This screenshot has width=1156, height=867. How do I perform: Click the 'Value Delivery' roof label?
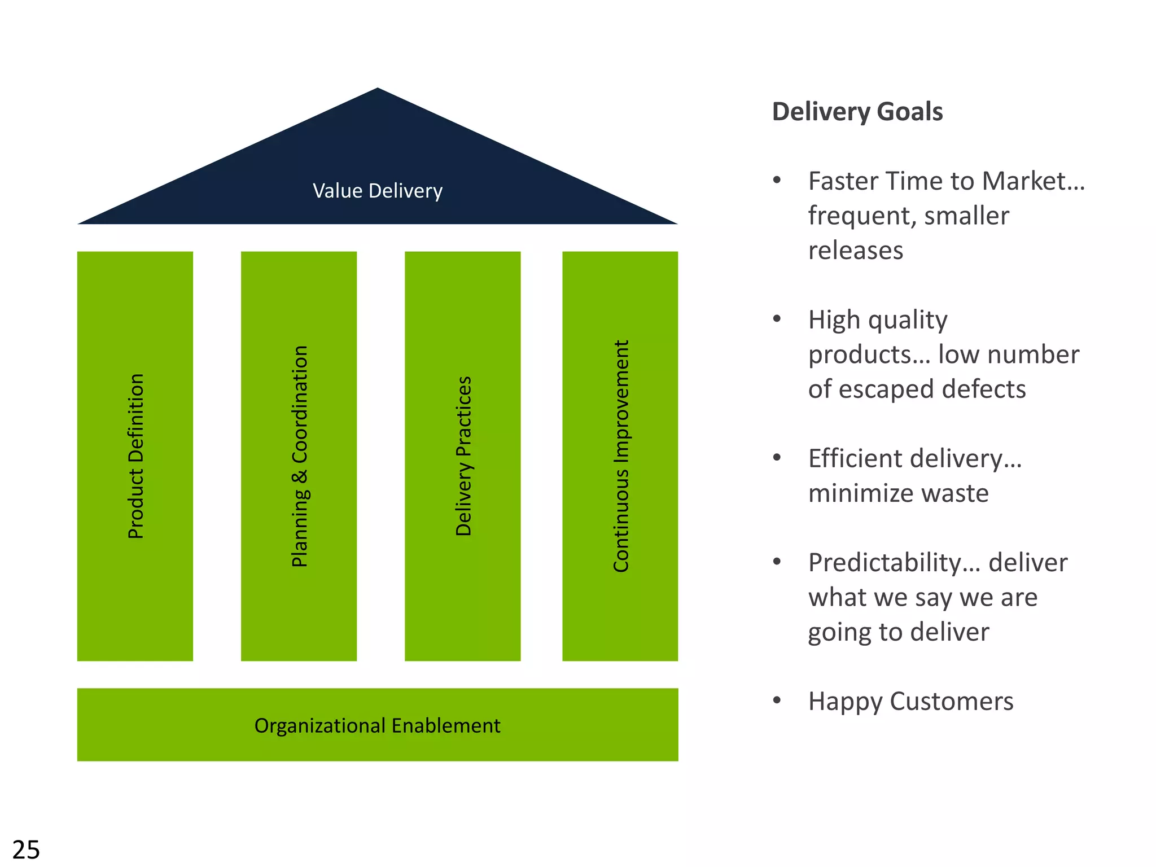tap(378, 191)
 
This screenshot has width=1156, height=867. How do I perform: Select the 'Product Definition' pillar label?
tap(136, 456)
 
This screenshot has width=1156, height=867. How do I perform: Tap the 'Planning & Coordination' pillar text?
tap(300, 456)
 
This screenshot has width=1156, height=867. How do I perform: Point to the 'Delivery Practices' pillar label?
tap(463, 456)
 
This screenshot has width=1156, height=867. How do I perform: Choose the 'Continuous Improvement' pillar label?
tap(621, 456)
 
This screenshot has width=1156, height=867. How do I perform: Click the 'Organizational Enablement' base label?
tap(377, 725)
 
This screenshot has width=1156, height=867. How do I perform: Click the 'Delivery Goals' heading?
tap(857, 112)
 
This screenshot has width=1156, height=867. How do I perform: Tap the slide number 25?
tap(26, 850)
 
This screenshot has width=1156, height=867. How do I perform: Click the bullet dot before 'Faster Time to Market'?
tap(777, 181)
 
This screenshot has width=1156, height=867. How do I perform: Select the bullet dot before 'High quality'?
tap(777, 319)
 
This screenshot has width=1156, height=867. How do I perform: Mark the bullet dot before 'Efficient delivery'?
tap(777, 458)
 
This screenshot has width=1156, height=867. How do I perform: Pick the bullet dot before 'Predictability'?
tap(777, 562)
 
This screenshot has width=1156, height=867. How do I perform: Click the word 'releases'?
tap(856, 251)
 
